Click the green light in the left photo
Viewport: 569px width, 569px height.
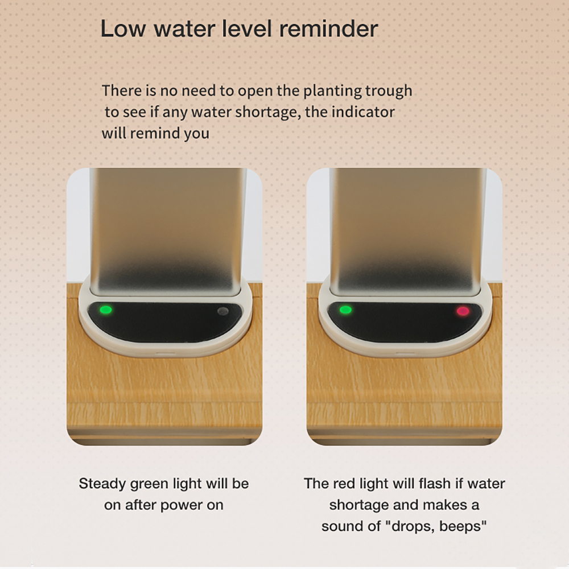click(x=106, y=310)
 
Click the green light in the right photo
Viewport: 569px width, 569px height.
click(x=345, y=310)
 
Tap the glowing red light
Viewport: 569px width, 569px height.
click(x=463, y=311)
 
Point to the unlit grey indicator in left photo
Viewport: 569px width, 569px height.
click(x=223, y=311)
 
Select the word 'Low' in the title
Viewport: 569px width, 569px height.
click(x=123, y=28)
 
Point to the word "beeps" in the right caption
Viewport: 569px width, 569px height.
click(x=462, y=526)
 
